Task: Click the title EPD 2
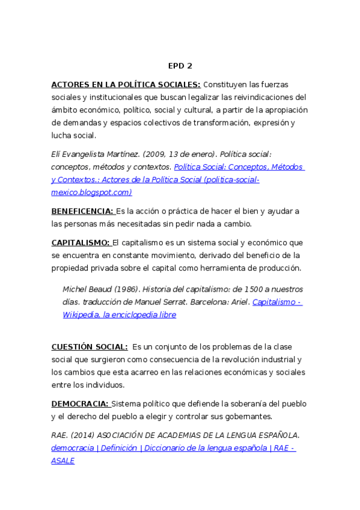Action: pyautogui.click(x=180, y=66)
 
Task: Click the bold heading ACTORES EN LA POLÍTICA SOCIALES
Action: pyautogui.click(x=126, y=84)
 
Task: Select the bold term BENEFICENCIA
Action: pyautogui.click(x=82, y=211)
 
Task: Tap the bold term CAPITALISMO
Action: pyautogui.click(x=81, y=242)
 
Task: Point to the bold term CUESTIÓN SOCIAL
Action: pyautogui.click(x=89, y=346)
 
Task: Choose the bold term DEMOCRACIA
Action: pyautogui.click(x=80, y=404)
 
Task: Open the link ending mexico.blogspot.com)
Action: pyautogui.click(x=91, y=192)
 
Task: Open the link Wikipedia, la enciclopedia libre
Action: pyautogui.click(x=120, y=315)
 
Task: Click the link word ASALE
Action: pyautogui.click(x=63, y=461)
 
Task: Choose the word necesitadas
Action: pyautogui.click(x=141, y=224)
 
